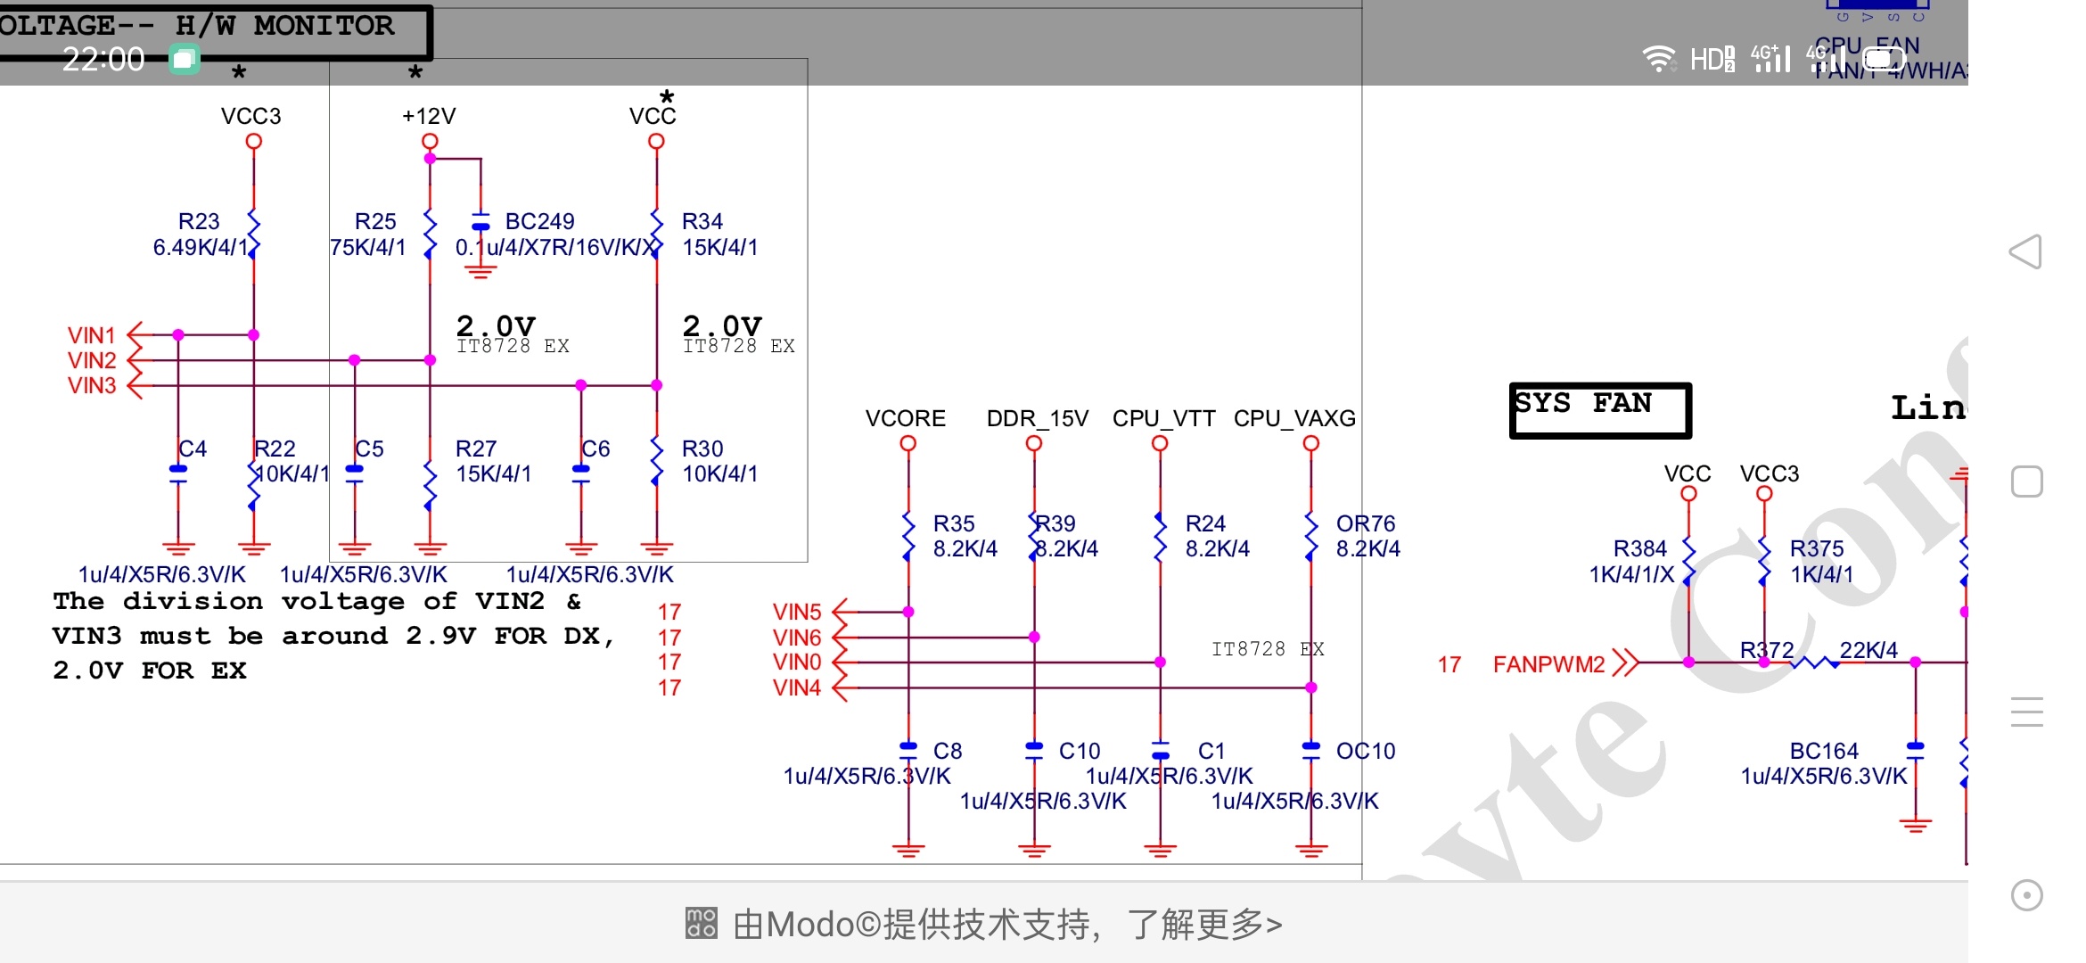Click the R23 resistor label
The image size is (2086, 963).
[x=198, y=221]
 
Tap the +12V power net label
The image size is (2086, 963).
[x=429, y=116]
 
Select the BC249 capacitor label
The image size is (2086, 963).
[x=539, y=221]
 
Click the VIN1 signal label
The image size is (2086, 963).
[x=92, y=335]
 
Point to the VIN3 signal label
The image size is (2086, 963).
[x=92, y=385]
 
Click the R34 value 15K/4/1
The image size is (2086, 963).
[x=719, y=247]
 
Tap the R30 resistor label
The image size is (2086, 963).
[x=702, y=449]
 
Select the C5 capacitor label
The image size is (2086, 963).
[x=369, y=449]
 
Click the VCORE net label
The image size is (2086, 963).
[x=905, y=418]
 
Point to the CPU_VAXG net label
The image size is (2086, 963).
[x=1294, y=418]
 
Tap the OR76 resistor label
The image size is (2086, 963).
[x=1365, y=523]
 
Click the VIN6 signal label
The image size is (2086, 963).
[x=797, y=638]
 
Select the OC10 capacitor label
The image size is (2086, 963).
[x=1365, y=751]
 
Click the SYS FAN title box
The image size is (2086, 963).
[x=1599, y=409]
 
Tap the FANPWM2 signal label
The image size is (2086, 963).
[x=1548, y=664]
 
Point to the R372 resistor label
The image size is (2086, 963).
[x=1766, y=650]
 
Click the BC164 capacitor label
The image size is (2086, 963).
[x=1823, y=751]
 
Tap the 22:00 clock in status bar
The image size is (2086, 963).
[x=103, y=60]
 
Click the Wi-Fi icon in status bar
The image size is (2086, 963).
[x=1658, y=59]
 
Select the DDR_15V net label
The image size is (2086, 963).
[x=1037, y=418]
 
